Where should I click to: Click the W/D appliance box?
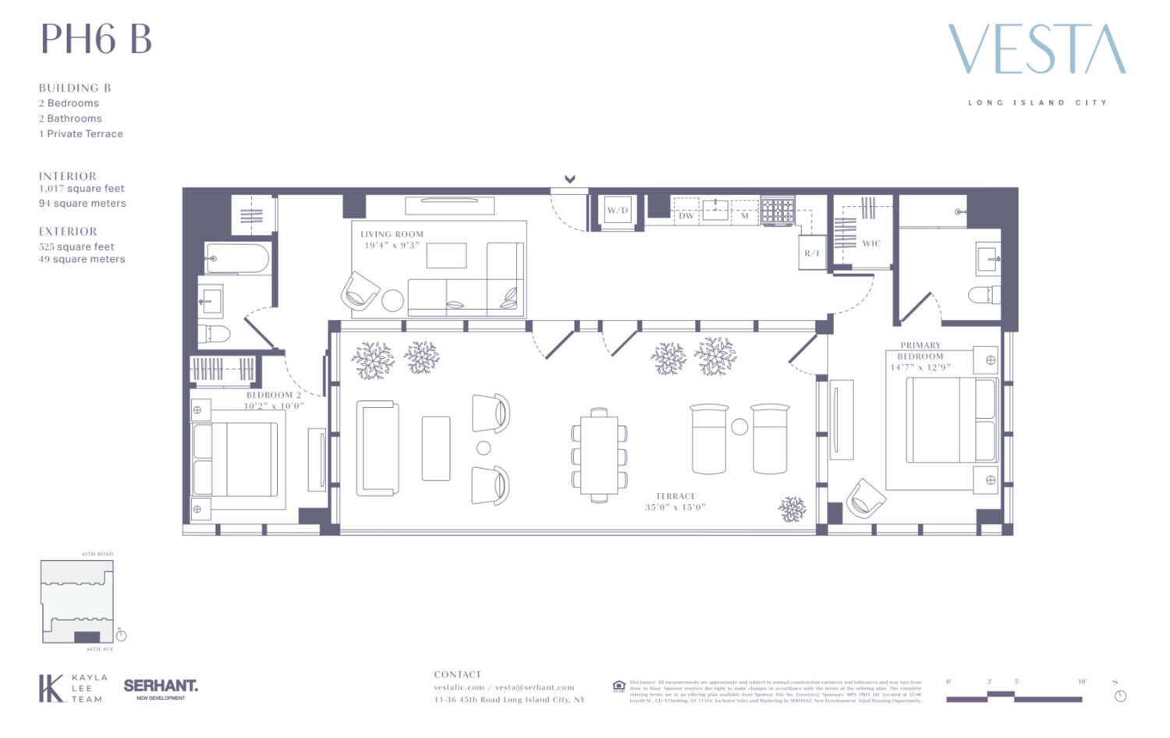(x=617, y=211)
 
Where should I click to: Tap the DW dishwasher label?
(x=686, y=216)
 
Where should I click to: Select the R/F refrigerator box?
(x=812, y=253)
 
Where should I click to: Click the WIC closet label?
(x=871, y=243)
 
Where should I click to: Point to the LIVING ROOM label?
(x=392, y=234)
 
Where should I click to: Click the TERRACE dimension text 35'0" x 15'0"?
(x=675, y=507)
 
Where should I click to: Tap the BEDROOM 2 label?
(x=273, y=395)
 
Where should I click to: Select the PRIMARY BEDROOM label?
(x=920, y=350)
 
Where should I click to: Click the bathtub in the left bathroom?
(x=238, y=258)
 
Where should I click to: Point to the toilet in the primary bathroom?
(x=984, y=295)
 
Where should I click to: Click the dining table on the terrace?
(x=599, y=455)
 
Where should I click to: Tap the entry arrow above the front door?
(x=570, y=179)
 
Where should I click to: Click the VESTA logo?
(x=1037, y=49)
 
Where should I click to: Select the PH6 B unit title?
(x=96, y=39)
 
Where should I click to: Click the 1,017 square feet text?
(x=82, y=189)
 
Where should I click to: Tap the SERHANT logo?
(x=161, y=686)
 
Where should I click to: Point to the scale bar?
(x=1014, y=697)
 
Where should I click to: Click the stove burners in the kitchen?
(x=778, y=211)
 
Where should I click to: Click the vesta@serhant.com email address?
(x=534, y=687)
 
